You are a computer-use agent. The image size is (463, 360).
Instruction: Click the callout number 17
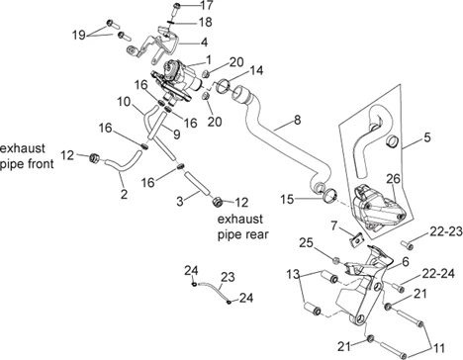coord(207,5)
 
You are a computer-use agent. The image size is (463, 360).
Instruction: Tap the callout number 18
coord(205,22)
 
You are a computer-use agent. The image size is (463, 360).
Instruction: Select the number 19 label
coord(79,35)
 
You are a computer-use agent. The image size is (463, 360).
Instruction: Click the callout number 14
coord(256,70)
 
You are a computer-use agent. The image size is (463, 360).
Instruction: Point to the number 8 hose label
coord(297,120)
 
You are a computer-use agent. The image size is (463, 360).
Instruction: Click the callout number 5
coord(427,137)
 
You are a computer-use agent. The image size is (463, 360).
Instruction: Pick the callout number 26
coord(393,179)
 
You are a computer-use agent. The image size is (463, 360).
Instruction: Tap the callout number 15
coord(287,199)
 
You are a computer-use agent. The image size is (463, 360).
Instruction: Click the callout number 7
coord(334,226)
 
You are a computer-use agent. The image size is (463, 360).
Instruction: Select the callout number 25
coord(306,243)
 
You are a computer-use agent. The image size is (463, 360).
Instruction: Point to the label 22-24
coord(438,273)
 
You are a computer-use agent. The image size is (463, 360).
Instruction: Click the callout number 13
coord(293,274)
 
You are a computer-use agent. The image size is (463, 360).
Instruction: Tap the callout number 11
coord(438,348)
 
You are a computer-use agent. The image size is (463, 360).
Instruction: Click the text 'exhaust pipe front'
coord(27,156)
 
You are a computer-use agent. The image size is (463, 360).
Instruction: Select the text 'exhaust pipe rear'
coord(243,226)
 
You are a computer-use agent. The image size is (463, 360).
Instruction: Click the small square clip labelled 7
coord(355,239)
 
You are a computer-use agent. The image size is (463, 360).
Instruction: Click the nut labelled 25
coord(335,260)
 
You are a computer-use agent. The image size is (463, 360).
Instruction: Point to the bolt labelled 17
coord(177,9)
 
